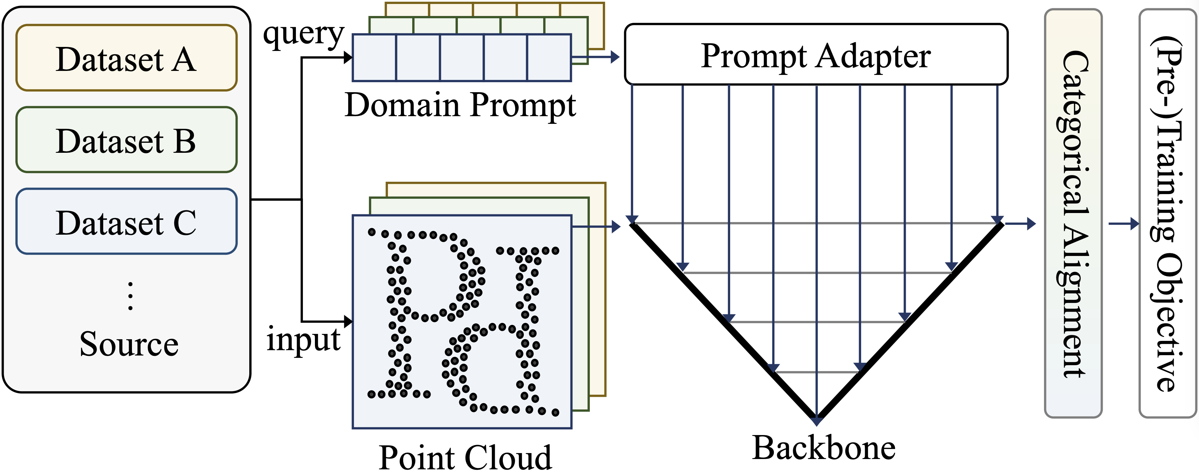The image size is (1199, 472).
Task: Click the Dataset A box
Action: click(x=126, y=58)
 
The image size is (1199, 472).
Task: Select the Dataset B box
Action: click(x=126, y=140)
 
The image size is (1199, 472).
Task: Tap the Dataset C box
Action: click(x=126, y=222)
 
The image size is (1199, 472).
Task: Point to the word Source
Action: click(x=129, y=344)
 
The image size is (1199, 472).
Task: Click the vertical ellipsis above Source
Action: click(x=130, y=296)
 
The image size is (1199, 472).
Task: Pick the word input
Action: click(x=304, y=340)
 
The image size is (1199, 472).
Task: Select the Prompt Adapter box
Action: click(x=815, y=55)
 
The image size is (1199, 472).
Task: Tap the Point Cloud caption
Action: click(x=465, y=458)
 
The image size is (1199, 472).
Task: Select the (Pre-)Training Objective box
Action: click(x=1167, y=213)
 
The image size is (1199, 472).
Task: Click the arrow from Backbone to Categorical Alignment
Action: click(x=1022, y=224)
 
